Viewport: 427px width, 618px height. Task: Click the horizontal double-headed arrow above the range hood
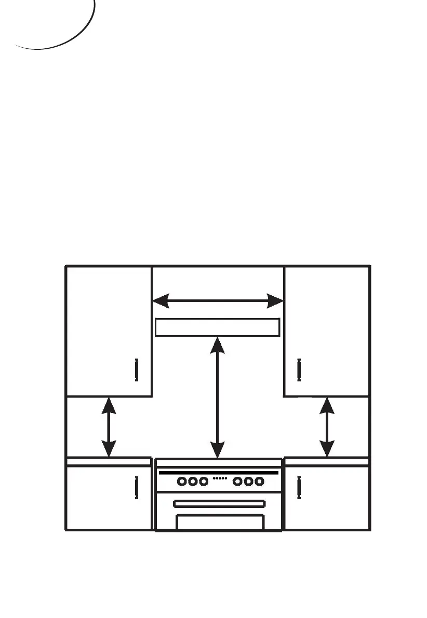coord(218,300)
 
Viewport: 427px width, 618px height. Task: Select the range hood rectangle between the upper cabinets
coord(218,327)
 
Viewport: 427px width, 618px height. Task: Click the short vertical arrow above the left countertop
coord(109,427)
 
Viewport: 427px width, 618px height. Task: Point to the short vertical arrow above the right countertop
coord(327,427)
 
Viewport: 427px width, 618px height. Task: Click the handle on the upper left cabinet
coord(136,369)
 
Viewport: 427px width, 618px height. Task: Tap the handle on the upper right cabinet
coord(299,369)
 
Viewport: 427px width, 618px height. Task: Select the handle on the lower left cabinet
coord(136,487)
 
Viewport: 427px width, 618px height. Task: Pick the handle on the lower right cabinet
coord(299,487)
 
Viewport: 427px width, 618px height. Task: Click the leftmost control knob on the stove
coord(182,482)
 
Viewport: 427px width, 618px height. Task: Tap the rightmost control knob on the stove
coord(258,482)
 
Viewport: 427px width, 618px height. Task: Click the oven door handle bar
coord(219,503)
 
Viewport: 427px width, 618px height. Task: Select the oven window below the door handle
coord(220,521)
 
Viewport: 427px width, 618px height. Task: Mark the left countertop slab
coord(109,461)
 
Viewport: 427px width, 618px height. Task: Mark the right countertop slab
coord(327,461)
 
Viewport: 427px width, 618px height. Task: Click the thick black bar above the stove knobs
coord(219,473)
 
